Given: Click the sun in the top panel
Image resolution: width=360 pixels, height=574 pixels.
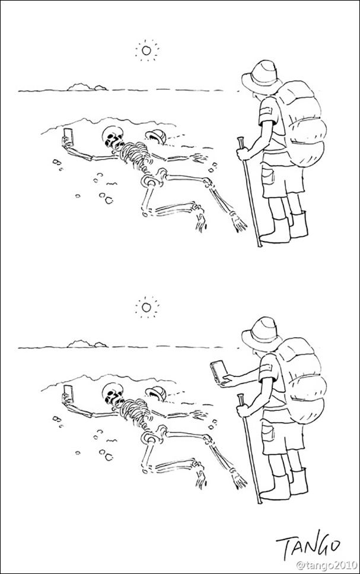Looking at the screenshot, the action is coord(146,50).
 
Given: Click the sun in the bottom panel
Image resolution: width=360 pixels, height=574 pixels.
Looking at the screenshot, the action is coord(146,307).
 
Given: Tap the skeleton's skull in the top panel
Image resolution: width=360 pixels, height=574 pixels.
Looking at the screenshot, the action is coord(113,137).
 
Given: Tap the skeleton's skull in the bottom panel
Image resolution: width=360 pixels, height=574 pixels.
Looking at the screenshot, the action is coord(113,394).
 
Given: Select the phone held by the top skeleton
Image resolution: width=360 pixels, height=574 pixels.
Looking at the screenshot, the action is coord(69,137).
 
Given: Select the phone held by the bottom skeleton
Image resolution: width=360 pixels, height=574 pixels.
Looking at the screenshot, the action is coord(69,394).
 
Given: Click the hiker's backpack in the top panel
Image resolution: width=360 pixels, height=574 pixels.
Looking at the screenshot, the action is coord(300,123).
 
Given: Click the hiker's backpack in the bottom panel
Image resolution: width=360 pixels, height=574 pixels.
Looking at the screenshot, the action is coord(300,380).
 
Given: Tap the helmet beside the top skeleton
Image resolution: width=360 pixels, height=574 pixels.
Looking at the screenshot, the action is coord(156,137).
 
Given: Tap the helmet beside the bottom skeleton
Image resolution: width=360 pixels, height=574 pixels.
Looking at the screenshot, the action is coord(156,394).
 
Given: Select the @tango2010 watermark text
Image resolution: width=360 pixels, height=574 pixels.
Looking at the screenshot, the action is coord(326,566).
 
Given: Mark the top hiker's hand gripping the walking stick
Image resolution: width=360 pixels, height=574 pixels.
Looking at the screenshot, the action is coord(242,153).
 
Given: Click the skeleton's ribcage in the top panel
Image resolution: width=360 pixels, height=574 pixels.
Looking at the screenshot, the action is coord(136,154).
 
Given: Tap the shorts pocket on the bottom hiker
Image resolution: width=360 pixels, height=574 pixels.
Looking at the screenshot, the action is coord(268,432).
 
